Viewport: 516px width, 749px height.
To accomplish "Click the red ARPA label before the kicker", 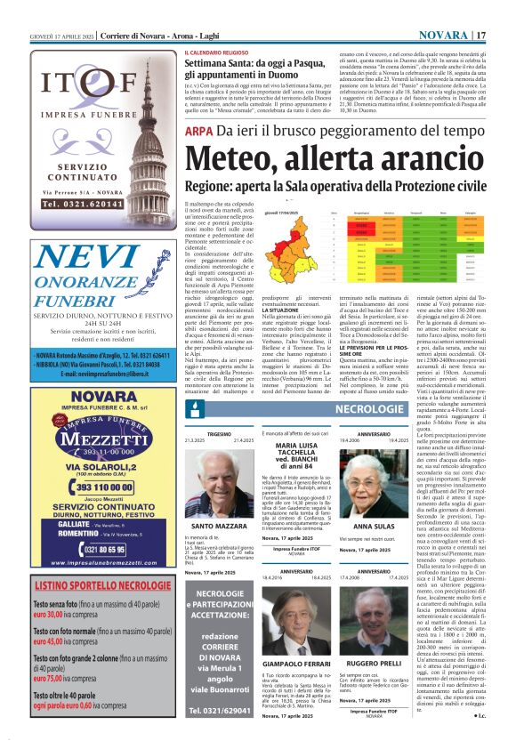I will pos(198,132).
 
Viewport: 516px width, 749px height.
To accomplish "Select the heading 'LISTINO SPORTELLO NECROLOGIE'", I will pos(91,586).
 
